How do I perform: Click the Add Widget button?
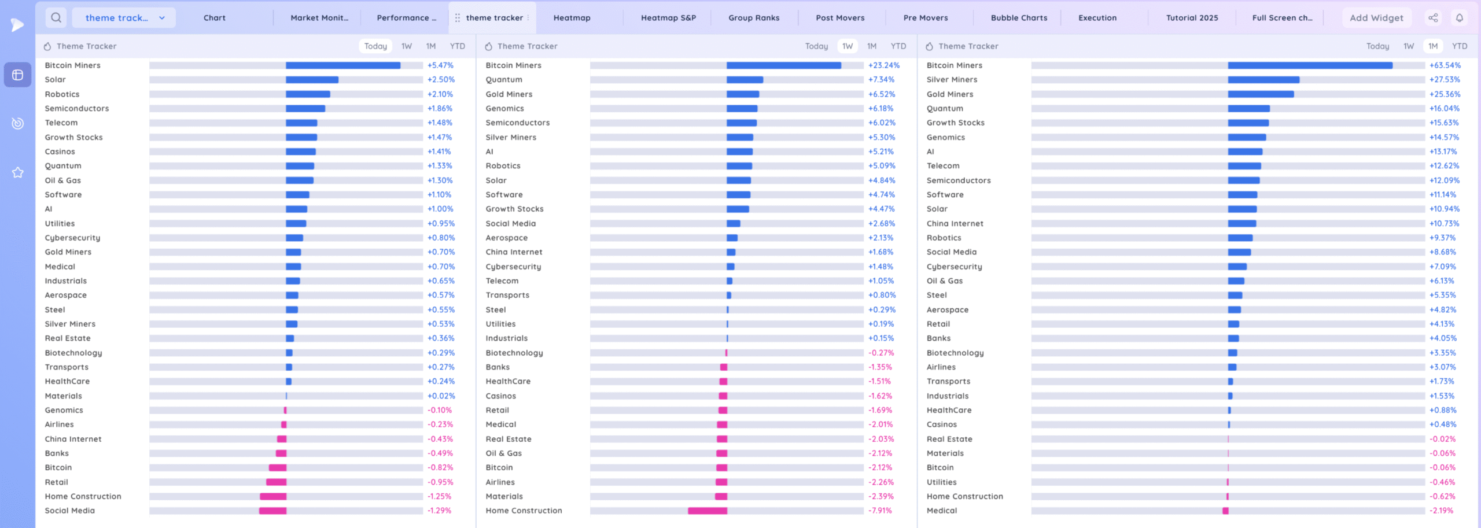[1376, 18]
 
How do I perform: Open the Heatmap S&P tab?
[668, 18]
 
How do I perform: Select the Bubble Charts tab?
[1019, 18]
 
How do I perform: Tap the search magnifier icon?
[56, 18]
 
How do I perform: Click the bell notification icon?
[1460, 18]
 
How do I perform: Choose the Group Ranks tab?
[754, 18]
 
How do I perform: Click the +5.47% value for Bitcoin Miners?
[440, 65]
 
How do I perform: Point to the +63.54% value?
[1445, 65]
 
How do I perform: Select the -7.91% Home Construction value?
[880, 511]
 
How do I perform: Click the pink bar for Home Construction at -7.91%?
[707, 511]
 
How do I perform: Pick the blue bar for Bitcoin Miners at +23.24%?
[783, 65]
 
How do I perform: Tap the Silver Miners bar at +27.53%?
[1263, 80]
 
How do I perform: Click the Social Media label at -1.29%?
[70, 511]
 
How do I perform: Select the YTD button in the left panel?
[457, 46]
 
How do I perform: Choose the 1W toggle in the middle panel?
[848, 46]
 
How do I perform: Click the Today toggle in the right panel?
[1377, 46]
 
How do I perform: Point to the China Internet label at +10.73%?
[955, 224]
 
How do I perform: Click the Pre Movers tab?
[926, 18]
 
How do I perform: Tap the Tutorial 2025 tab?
[1192, 18]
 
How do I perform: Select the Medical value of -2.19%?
[1441, 511]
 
